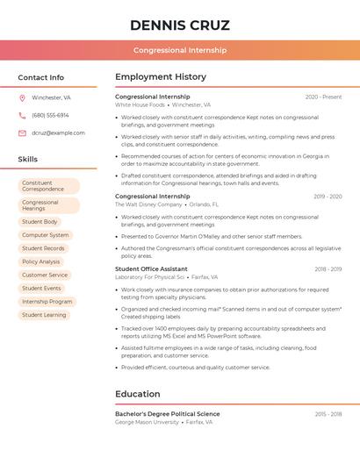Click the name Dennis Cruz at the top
pyautogui.click(x=179, y=25)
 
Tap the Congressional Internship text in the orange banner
pyautogui.click(x=180, y=50)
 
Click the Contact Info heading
pyautogui.click(x=40, y=77)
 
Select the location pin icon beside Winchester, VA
pyautogui.click(x=22, y=98)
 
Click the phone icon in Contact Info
pyautogui.click(x=22, y=116)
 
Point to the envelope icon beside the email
pyautogui.click(x=22, y=133)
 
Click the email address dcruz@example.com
pyautogui.click(x=58, y=133)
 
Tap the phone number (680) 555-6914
pyautogui.click(x=50, y=116)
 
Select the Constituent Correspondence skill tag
pyautogui.click(x=47, y=186)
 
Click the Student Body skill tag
pyautogui.click(x=40, y=222)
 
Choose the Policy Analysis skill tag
pyautogui.click(x=41, y=261)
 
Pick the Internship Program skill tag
pyautogui.click(x=47, y=301)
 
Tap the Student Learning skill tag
pyautogui.click(x=44, y=314)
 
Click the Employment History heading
pyautogui.click(x=161, y=77)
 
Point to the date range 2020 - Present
pyautogui.click(x=323, y=97)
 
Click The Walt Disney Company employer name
pyautogui.click(x=148, y=204)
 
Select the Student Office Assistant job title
pyautogui.click(x=151, y=269)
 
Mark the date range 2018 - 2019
pyautogui.click(x=328, y=269)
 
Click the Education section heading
pyautogui.click(x=138, y=394)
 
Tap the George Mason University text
pyautogui.click(x=147, y=422)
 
